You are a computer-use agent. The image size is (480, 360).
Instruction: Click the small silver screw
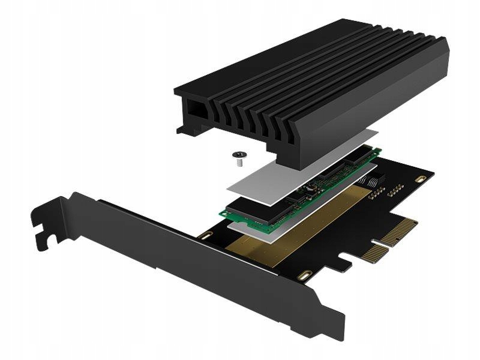pos(238,157)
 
